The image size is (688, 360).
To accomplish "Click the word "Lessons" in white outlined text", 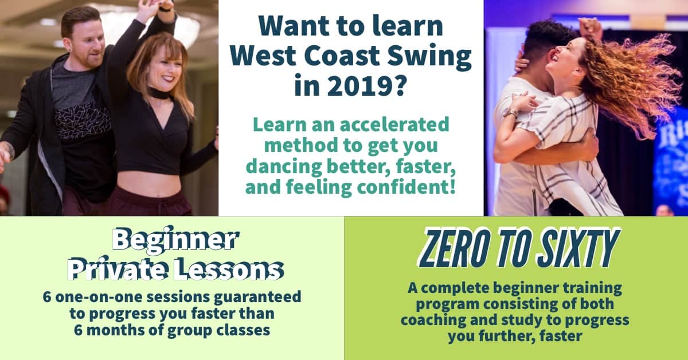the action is (x=229, y=269).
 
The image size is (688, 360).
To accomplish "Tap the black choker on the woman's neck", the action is (x=158, y=93).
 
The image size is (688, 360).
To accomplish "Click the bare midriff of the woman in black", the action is (x=149, y=185).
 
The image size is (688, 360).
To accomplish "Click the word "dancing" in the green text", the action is (x=284, y=166).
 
